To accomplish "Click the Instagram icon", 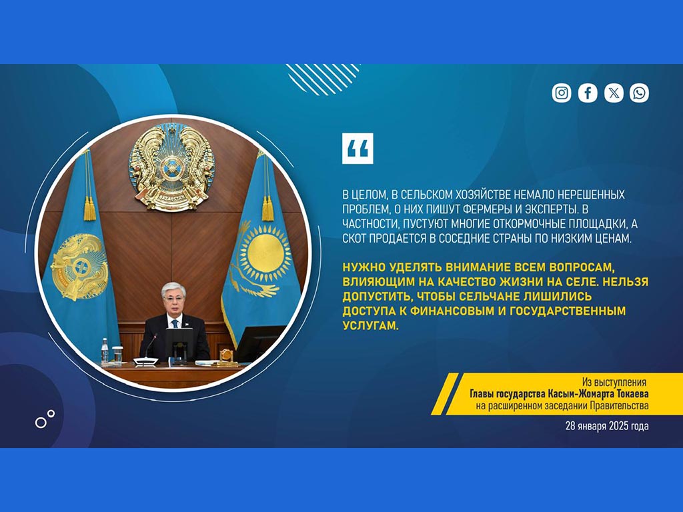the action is pyautogui.click(x=562, y=93).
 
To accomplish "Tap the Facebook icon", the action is pyautogui.click(x=588, y=93).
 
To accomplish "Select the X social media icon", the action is pyautogui.click(x=614, y=93).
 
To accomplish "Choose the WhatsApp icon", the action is pyautogui.click(x=639, y=93).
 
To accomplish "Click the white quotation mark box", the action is pyautogui.click(x=358, y=149).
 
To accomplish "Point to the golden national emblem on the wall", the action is pyautogui.click(x=171, y=167).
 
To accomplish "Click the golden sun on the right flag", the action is pyautogui.click(x=265, y=253).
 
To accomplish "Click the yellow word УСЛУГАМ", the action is pyautogui.click(x=371, y=325).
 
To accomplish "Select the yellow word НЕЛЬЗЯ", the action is pyautogui.click(x=626, y=281).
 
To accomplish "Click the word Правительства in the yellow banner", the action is pyautogui.click(x=619, y=406).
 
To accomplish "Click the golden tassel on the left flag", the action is pyautogui.click(x=89, y=209).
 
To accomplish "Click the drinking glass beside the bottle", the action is pyautogui.click(x=117, y=355).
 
